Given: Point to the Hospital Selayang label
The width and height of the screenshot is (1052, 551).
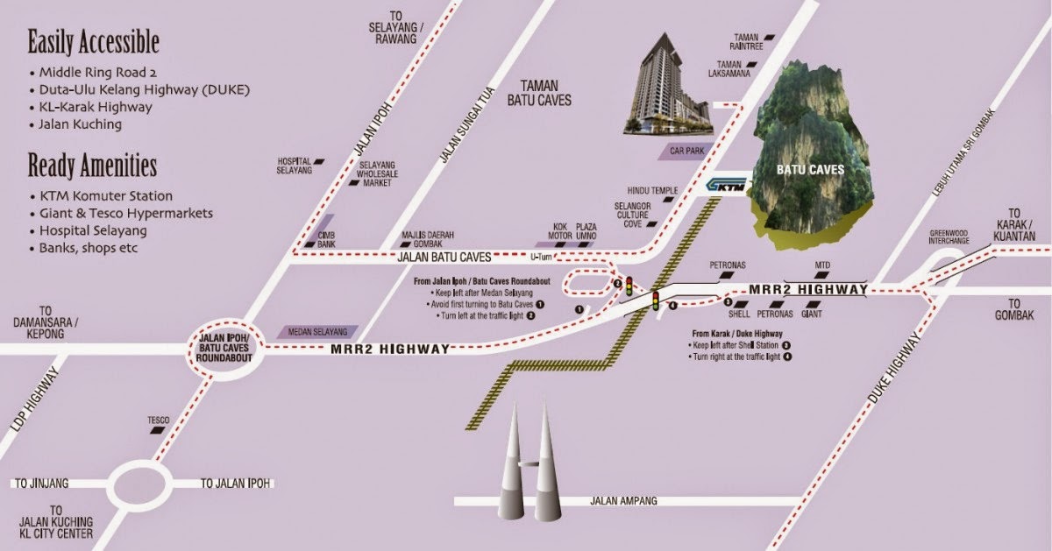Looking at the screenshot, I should pos(295,166).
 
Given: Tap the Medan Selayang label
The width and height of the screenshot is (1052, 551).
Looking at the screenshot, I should pos(313,332).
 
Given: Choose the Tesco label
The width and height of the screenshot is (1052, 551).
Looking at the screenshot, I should pos(159,420).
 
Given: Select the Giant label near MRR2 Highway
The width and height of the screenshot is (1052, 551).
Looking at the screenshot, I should pos(811,313).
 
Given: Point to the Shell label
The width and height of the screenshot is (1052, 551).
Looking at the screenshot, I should pos(739,313).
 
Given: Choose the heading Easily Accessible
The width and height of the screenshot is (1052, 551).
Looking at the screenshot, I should pos(93,41).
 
